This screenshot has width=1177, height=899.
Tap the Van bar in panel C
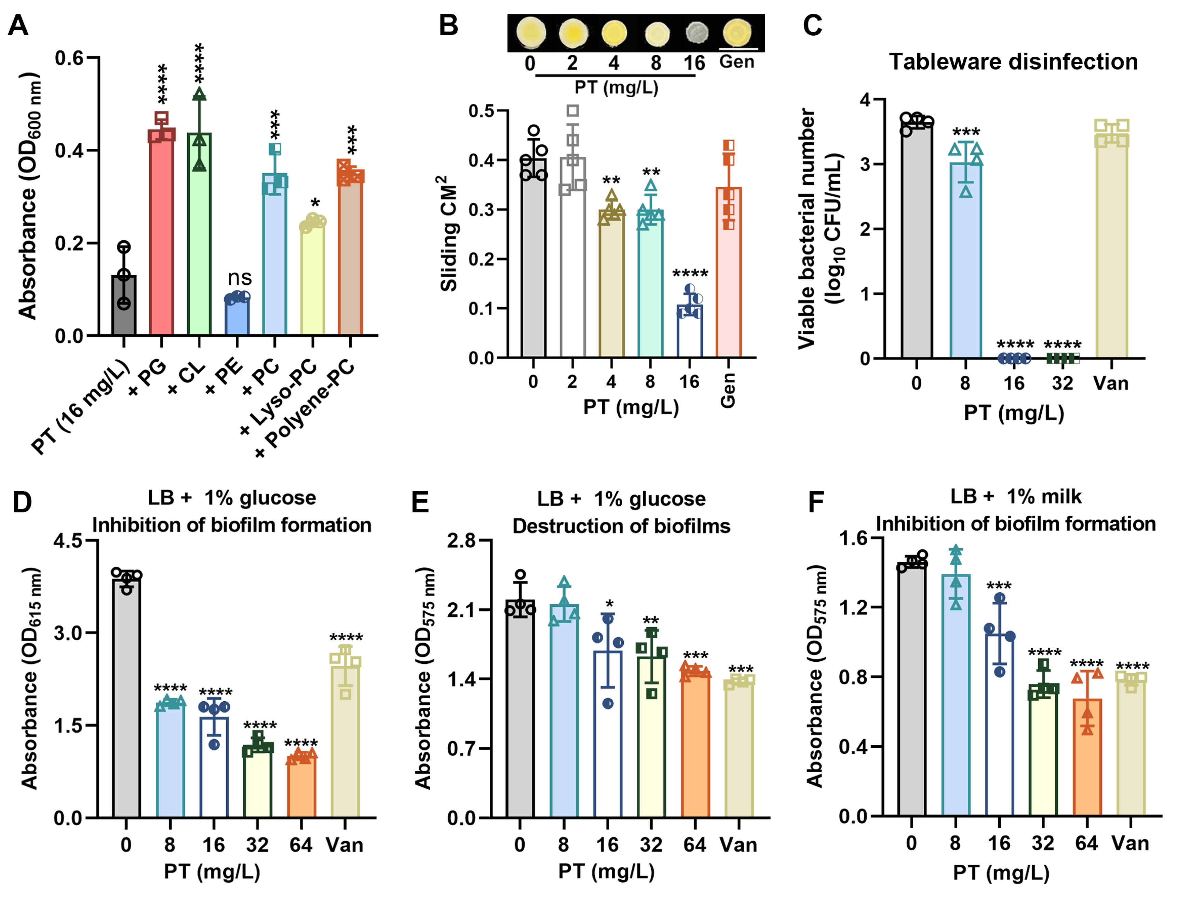click(1112, 246)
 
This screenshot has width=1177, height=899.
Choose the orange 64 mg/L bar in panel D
click(301, 787)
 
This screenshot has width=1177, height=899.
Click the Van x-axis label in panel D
click(344, 845)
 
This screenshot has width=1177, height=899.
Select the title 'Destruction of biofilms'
click(621, 526)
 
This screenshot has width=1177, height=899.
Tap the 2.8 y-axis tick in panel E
click(462, 541)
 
